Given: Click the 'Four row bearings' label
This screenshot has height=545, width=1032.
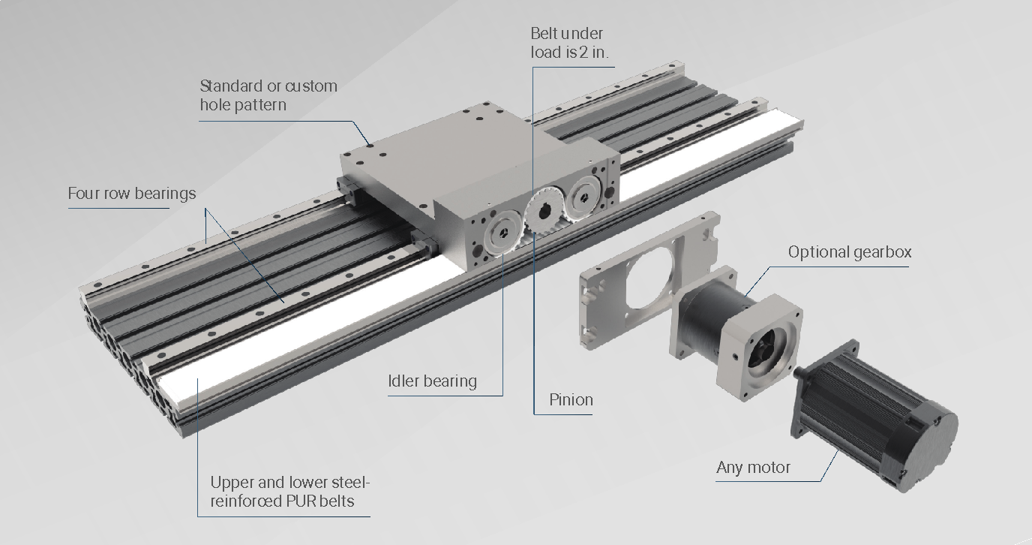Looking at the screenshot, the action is click(x=132, y=193).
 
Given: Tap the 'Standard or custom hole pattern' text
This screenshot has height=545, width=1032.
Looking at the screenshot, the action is click(x=268, y=95).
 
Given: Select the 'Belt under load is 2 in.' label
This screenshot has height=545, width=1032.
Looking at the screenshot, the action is click(x=569, y=43).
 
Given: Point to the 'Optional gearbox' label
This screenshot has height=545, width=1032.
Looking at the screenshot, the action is click(x=850, y=252).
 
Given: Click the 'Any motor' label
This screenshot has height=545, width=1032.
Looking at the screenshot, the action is click(x=753, y=468).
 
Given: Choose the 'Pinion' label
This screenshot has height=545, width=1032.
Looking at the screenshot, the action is click(x=571, y=400).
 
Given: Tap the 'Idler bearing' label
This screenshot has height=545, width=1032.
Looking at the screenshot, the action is click(x=432, y=381).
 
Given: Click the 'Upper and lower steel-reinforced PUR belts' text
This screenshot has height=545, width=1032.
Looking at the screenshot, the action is click(x=290, y=492).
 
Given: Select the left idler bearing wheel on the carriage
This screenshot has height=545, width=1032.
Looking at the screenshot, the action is click(x=503, y=233).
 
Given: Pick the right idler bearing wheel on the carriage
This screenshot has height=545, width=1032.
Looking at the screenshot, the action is click(x=584, y=195).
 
